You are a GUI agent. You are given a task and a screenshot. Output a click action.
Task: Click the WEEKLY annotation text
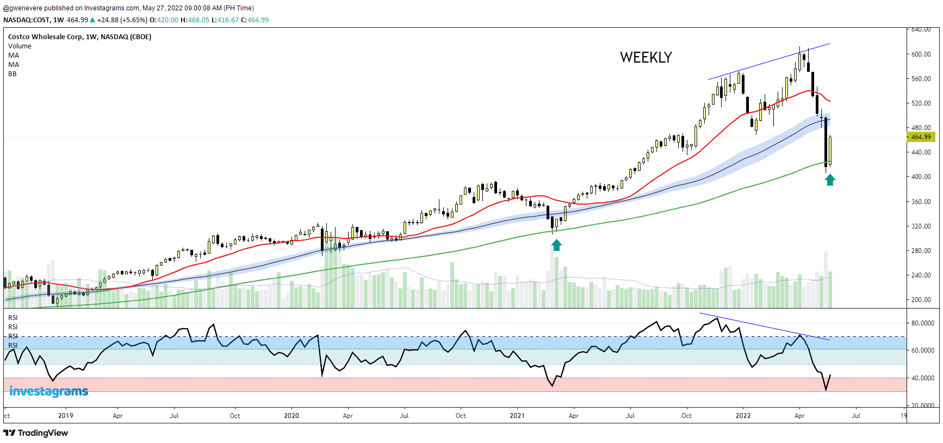(x=646, y=58)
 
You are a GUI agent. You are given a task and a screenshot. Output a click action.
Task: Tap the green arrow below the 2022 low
(x=830, y=180)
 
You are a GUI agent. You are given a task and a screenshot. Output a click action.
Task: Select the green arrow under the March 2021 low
(x=556, y=245)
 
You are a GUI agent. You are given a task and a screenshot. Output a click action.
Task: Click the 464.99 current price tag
(x=921, y=137)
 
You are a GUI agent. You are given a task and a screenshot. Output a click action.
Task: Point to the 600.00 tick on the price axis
(x=921, y=54)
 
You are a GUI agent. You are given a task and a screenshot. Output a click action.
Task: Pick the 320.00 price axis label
(x=921, y=226)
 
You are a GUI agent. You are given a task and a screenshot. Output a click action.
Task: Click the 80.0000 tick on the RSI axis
(x=922, y=323)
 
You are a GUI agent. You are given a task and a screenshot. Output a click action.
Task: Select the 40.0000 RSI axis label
(x=922, y=378)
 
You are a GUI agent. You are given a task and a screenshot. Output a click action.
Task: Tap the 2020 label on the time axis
(x=291, y=416)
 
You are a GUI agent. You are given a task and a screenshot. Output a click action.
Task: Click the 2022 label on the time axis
(x=743, y=416)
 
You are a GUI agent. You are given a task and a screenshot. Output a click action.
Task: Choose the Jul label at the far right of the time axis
(x=856, y=416)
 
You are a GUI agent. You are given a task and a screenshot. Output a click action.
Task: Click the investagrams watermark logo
(x=48, y=391)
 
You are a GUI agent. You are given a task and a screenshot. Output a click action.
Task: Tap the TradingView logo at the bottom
(x=36, y=433)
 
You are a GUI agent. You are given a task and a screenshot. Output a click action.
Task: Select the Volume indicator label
(x=20, y=46)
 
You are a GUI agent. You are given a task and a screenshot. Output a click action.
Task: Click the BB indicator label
(x=13, y=74)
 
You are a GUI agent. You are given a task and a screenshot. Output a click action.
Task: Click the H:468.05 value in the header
(x=195, y=20)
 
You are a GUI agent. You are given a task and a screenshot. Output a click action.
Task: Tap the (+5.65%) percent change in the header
(x=134, y=20)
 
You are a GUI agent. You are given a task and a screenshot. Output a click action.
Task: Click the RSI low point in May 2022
(x=826, y=390)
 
